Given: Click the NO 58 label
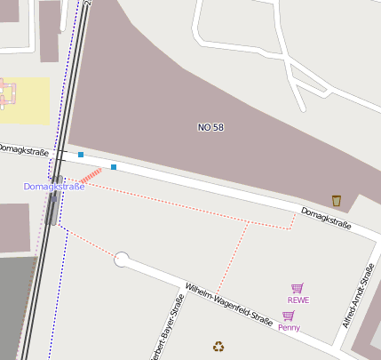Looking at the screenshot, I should click(x=210, y=127).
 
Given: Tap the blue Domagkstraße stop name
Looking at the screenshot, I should click(x=53, y=187).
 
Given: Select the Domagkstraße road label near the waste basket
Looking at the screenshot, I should click(x=326, y=219).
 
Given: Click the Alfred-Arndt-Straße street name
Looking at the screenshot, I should click(x=358, y=296).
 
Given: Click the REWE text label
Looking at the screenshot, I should click(x=298, y=300).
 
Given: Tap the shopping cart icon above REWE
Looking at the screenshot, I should click(x=297, y=288).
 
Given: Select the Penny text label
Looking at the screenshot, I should click(x=289, y=327).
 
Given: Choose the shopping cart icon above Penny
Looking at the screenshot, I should click(x=288, y=316).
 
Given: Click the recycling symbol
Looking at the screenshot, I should click(x=218, y=347).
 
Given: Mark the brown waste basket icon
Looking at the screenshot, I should click(x=336, y=200).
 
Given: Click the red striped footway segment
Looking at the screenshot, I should click(x=91, y=177).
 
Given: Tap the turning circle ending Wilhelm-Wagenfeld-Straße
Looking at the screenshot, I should click(x=123, y=260).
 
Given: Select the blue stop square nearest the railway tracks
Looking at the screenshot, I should click(x=81, y=155).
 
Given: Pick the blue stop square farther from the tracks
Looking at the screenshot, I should click(x=114, y=166).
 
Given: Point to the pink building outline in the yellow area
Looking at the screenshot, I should click(x=7, y=93).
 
